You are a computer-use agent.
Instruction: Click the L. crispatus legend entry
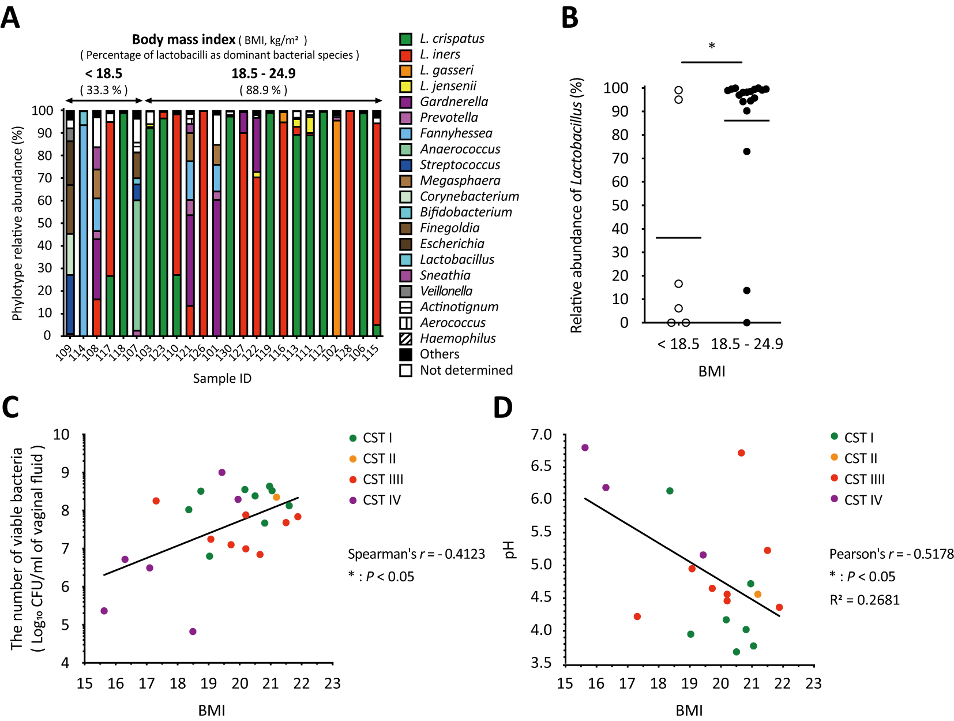(451, 39)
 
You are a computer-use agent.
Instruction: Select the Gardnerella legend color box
(405, 102)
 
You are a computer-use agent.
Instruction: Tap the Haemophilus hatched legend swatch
(405, 339)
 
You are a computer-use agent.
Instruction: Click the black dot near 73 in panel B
(746, 151)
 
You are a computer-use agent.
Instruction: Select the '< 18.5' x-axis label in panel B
(678, 345)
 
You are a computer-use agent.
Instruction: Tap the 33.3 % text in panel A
(104, 90)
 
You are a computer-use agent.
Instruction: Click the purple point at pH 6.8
(585, 447)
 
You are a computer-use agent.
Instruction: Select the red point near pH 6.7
(741, 453)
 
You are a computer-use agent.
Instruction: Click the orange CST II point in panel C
(276, 497)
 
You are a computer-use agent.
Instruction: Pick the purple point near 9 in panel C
(222, 472)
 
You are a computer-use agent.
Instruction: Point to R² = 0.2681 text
(864, 600)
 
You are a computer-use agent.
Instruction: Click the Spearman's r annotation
(416, 554)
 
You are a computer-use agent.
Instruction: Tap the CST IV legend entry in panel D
(862, 500)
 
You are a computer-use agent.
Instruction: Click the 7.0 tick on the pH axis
(542, 434)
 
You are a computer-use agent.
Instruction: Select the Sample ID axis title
(222, 378)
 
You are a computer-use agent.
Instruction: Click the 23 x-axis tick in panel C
(332, 683)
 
